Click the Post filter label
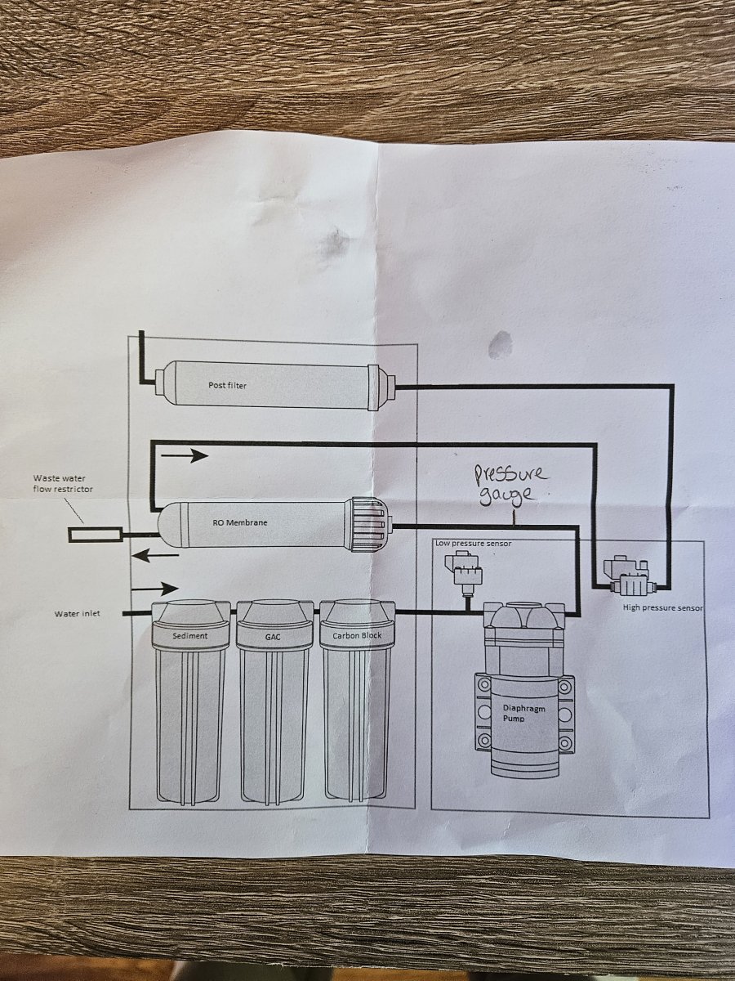coord(227,385)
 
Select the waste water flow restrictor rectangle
coord(95,535)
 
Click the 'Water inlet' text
coord(78,613)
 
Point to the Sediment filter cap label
coord(190,635)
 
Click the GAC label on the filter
coord(274,635)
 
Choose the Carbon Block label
coord(356,635)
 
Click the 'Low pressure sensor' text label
coord(473,544)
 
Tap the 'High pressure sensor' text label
coord(662,608)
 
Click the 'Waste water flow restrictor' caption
coord(63,484)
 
